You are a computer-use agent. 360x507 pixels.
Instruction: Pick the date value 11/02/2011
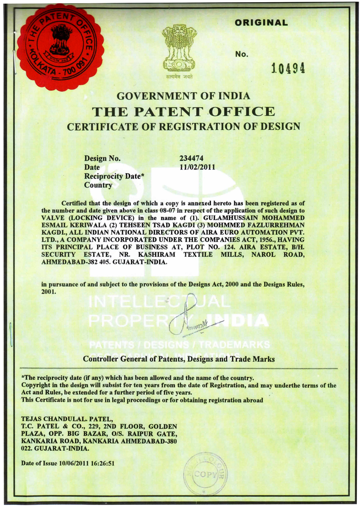(197, 167)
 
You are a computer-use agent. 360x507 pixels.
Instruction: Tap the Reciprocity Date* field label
(114, 176)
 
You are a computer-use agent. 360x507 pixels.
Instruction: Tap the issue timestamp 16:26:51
(102, 464)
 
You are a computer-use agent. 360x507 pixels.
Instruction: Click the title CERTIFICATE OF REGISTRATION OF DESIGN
(183, 126)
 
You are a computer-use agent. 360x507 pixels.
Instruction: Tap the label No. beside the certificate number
(242, 54)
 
